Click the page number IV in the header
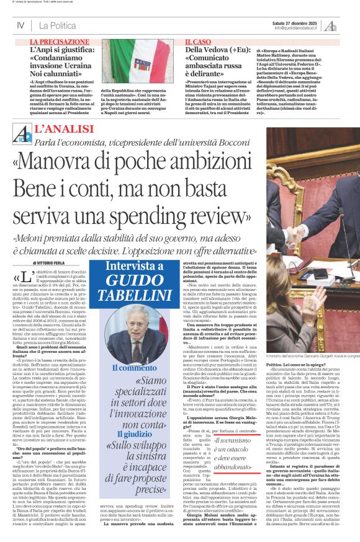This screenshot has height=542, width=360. click(20, 25)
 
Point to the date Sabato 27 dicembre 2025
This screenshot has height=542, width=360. click(295, 23)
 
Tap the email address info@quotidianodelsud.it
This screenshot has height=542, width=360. click(295, 29)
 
